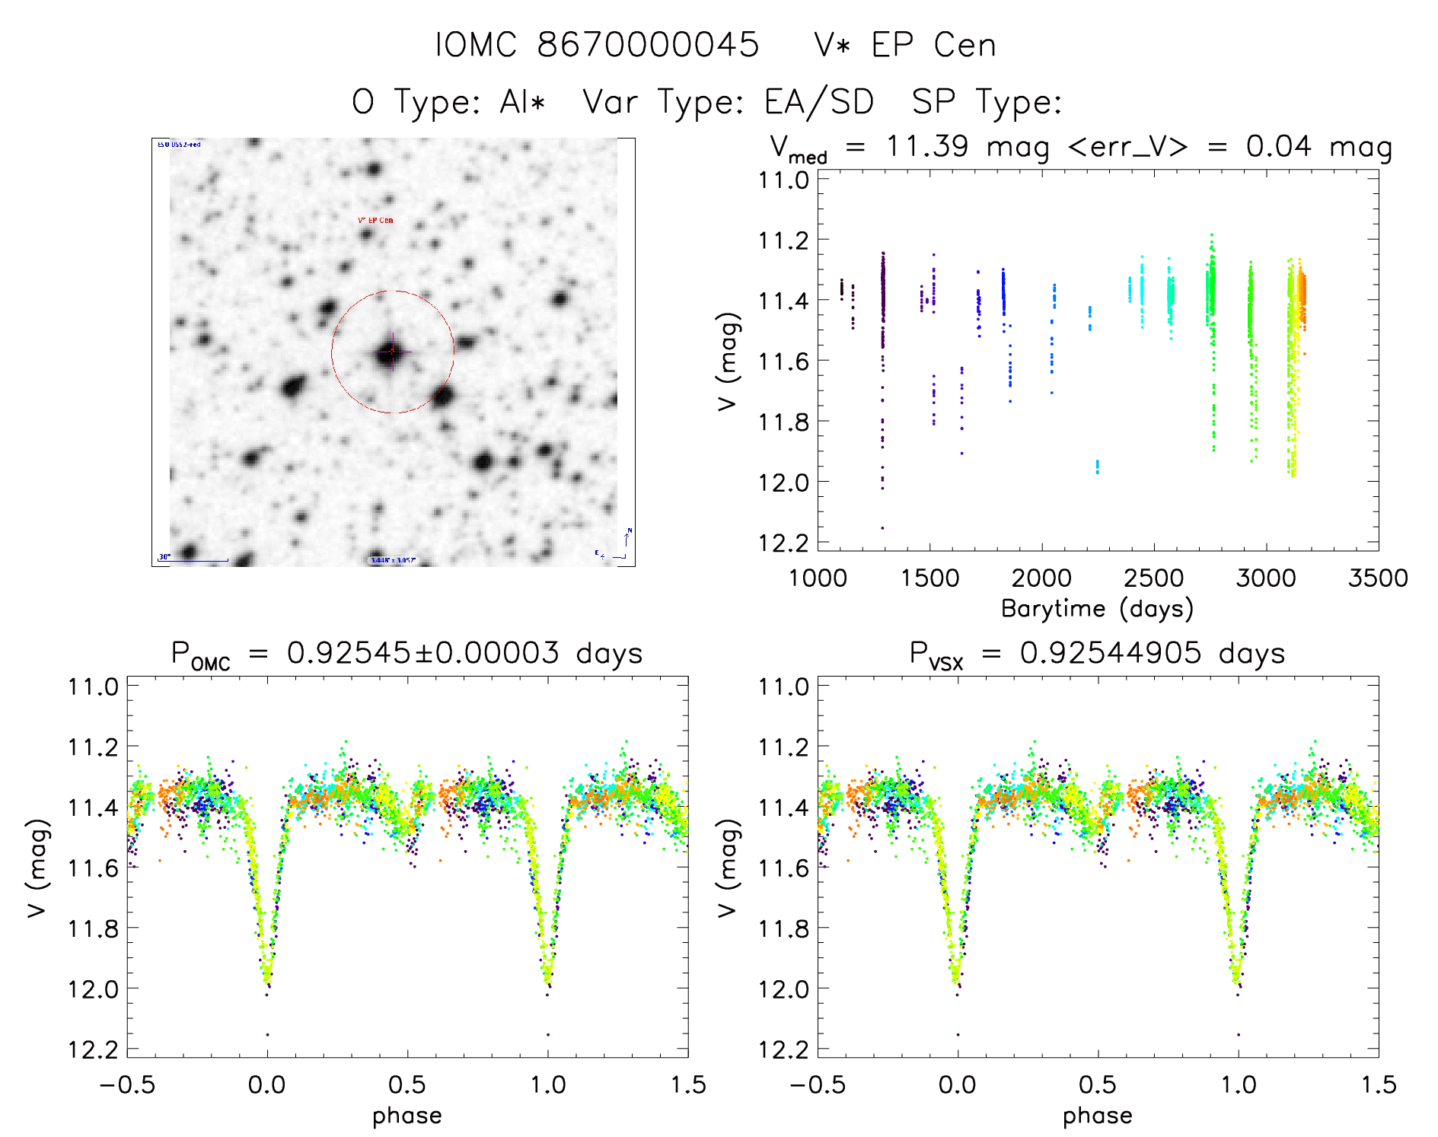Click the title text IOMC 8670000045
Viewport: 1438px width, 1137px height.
(597, 45)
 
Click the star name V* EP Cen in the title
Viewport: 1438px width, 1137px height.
(904, 45)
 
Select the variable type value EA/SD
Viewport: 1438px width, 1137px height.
(819, 102)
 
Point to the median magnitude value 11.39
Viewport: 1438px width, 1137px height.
(927, 146)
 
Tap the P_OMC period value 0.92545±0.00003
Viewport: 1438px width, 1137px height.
(422, 653)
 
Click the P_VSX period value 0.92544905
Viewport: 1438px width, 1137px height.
(1111, 653)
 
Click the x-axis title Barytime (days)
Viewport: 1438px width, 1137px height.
(1097, 609)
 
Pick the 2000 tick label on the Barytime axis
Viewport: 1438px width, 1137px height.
(1041, 578)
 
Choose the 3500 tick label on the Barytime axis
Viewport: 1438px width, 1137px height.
(1378, 578)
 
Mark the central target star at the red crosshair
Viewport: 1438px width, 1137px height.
(392, 351)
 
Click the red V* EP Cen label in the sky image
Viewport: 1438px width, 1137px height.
(375, 220)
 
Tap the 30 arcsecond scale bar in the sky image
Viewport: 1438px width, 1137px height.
(193, 560)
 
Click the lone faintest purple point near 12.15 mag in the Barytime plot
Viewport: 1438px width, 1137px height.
(882, 527)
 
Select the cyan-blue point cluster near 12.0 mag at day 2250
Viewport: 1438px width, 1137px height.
(1097, 466)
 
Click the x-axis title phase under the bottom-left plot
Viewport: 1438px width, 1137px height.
(407, 1116)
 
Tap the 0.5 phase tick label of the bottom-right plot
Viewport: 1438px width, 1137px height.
(1098, 1084)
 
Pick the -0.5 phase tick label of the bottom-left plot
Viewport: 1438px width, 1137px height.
(127, 1084)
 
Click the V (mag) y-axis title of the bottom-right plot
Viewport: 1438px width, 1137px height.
(729, 868)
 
